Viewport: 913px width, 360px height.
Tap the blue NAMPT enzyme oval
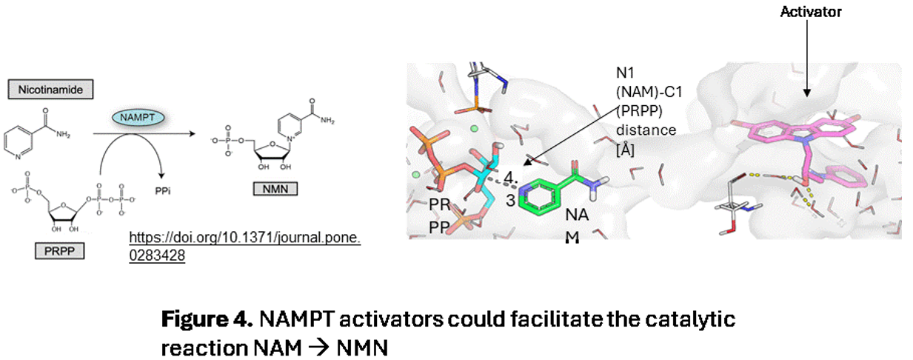(138, 118)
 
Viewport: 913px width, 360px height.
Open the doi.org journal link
(244, 247)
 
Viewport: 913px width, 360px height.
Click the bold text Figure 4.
(207, 320)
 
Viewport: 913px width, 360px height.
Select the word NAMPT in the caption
(297, 320)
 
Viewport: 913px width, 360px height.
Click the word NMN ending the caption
(362, 347)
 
